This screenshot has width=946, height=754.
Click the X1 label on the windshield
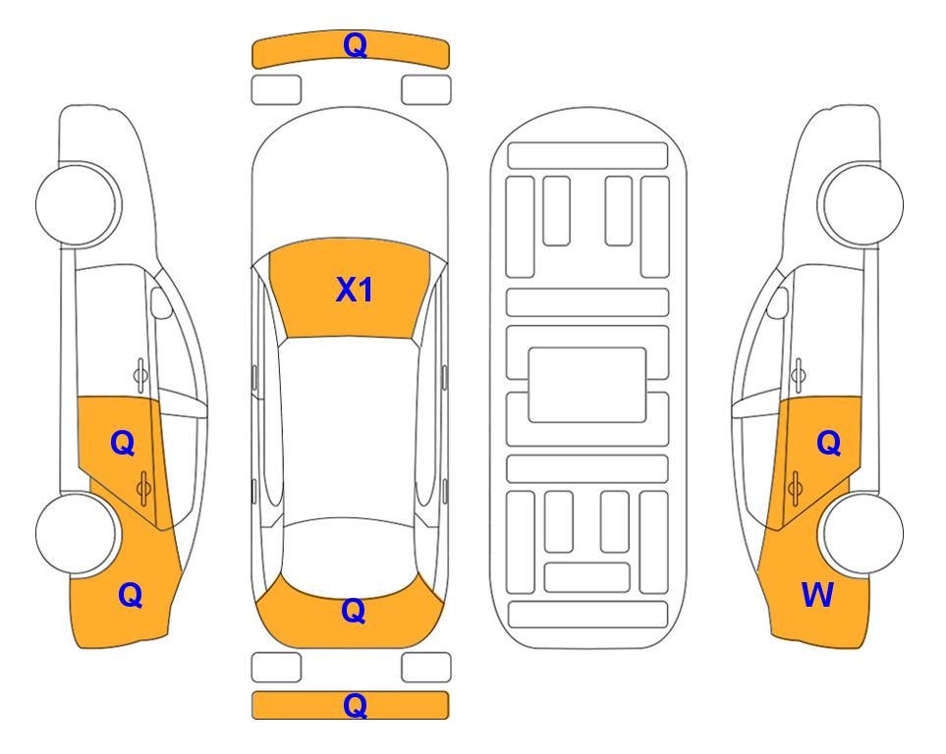point(355,290)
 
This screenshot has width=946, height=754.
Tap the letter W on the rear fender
point(817,595)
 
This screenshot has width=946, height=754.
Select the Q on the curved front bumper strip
point(355,45)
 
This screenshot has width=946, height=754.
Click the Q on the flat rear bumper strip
point(355,705)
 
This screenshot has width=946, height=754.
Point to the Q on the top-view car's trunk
point(354,611)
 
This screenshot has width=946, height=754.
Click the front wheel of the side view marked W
point(861,204)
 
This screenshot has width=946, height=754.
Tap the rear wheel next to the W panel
point(861,533)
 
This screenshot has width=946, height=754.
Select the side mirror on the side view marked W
point(778,303)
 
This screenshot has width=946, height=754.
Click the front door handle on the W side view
point(799,375)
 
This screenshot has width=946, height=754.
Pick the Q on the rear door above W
point(828,444)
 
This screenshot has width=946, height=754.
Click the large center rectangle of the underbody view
point(587,385)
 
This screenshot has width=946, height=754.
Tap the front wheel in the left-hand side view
point(78,204)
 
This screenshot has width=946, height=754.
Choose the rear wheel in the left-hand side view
point(77,533)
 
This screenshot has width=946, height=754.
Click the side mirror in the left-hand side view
point(161,302)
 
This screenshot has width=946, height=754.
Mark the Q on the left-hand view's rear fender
point(131,596)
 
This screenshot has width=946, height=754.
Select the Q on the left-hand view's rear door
point(123,444)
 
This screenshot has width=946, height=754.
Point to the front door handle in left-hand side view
point(140,375)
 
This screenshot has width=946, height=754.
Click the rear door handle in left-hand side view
point(143,488)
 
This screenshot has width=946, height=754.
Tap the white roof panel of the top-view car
point(350,428)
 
